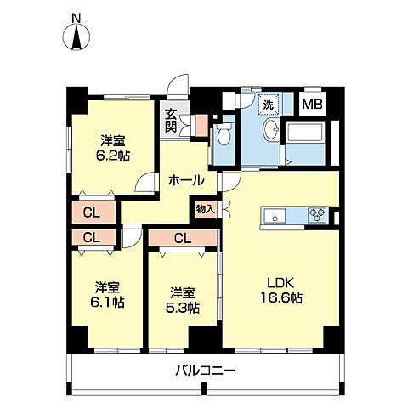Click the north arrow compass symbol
[76, 37]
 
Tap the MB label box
[312, 104]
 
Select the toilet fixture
[224, 135]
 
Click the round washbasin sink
[272, 129]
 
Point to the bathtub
[305, 133]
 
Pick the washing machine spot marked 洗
[269, 105]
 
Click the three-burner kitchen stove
[317, 214]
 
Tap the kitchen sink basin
[275, 216]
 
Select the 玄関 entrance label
[171, 120]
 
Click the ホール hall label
[186, 180]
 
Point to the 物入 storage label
[206, 210]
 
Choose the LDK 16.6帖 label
[281, 290]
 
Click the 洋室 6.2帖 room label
[113, 148]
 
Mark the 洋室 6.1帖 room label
[107, 295]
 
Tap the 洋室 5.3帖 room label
[183, 300]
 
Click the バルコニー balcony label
[206, 371]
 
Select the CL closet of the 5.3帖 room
[183, 238]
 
